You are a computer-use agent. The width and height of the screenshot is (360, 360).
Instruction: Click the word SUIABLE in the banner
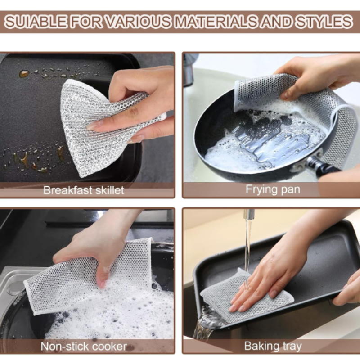[x=36, y=22]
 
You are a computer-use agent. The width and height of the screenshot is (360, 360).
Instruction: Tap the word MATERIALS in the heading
[x=216, y=22]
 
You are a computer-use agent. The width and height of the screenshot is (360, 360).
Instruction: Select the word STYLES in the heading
[x=324, y=22]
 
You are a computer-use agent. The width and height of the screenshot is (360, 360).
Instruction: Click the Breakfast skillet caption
[x=84, y=190]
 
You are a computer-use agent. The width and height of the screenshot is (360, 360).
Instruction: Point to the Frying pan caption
[x=273, y=190]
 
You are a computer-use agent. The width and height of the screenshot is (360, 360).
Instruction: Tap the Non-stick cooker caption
[x=84, y=346]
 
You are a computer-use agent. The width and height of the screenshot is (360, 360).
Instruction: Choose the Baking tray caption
[x=273, y=346]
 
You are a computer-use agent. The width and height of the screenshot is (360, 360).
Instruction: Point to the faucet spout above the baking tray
[x=249, y=214]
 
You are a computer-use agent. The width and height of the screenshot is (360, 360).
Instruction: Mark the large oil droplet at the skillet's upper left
[x=24, y=73]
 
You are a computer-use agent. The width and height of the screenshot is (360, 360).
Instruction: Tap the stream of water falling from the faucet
[x=247, y=250]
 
